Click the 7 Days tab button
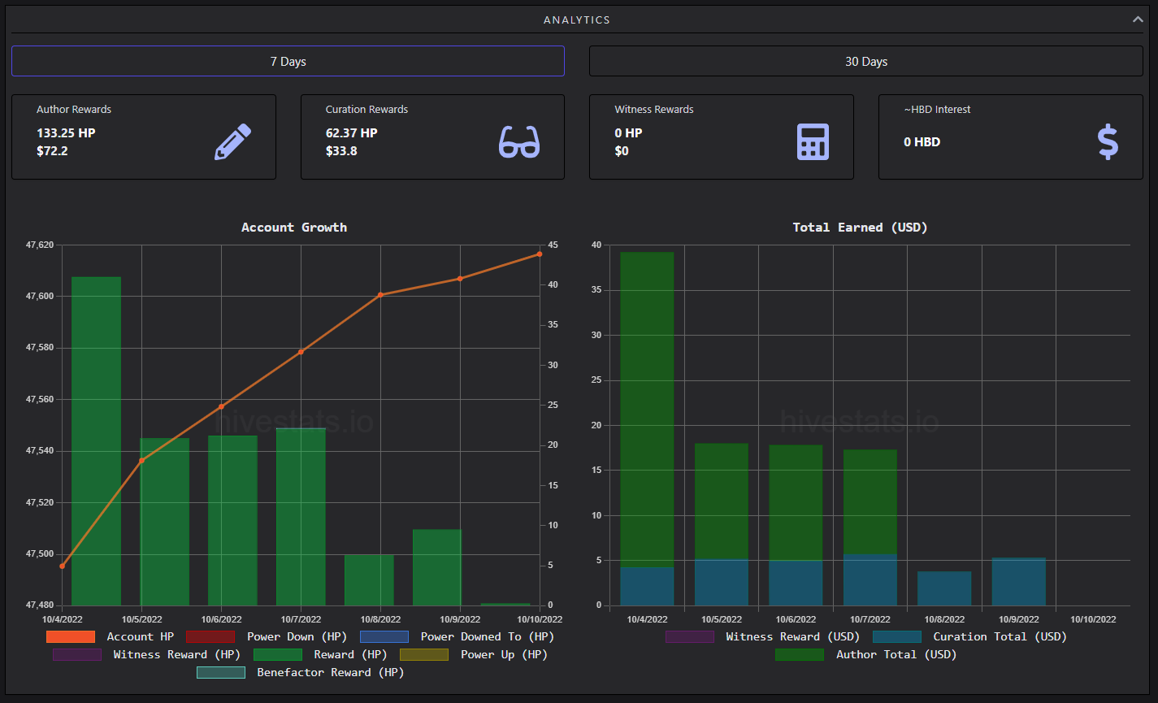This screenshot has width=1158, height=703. click(x=288, y=61)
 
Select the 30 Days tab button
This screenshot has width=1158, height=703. click(x=866, y=61)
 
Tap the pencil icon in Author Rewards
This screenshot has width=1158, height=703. click(x=232, y=141)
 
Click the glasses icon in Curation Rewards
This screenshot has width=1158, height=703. click(x=519, y=141)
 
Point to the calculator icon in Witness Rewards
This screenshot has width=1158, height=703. click(x=813, y=141)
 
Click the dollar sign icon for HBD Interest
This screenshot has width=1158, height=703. click(x=1108, y=141)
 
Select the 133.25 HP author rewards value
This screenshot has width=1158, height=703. click(x=66, y=132)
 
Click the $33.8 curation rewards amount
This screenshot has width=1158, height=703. click(x=341, y=151)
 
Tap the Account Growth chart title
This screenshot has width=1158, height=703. click(x=294, y=228)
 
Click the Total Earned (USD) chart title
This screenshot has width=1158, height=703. click(x=860, y=228)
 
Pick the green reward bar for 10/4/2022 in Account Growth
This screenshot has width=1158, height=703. click(x=96, y=441)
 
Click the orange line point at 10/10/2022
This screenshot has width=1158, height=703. click(x=540, y=254)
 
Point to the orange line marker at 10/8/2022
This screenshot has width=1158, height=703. click(x=380, y=295)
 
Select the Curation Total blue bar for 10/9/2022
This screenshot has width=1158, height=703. click(x=1018, y=582)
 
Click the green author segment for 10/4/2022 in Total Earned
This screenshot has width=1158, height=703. click(x=647, y=410)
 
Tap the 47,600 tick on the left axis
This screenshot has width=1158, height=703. click(x=40, y=296)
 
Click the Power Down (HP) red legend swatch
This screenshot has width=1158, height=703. click(x=210, y=637)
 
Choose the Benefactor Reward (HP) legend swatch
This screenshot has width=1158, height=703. click(x=221, y=672)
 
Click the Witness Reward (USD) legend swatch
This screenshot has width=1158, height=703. click(x=690, y=637)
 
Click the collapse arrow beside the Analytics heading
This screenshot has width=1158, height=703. click(x=1138, y=20)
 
